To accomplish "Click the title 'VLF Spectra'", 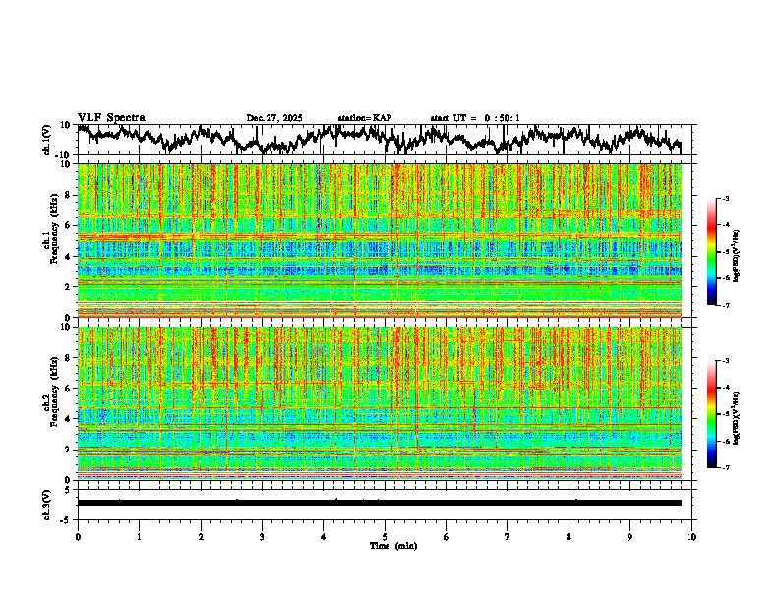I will (111, 117).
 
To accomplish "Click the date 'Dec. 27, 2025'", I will (274, 118).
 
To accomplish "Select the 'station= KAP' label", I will (364, 118).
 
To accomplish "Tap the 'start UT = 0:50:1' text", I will (475, 118).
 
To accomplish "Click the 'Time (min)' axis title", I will (386, 546).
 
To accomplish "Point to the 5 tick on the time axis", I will (385, 537).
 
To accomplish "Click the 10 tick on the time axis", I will (691, 537).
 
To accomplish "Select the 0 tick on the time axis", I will (78, 537).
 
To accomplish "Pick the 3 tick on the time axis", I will (262, 537).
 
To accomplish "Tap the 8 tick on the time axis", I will (569, 537).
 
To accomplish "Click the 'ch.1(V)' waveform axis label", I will (47, 140).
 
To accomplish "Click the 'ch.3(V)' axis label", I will (47, 503).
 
